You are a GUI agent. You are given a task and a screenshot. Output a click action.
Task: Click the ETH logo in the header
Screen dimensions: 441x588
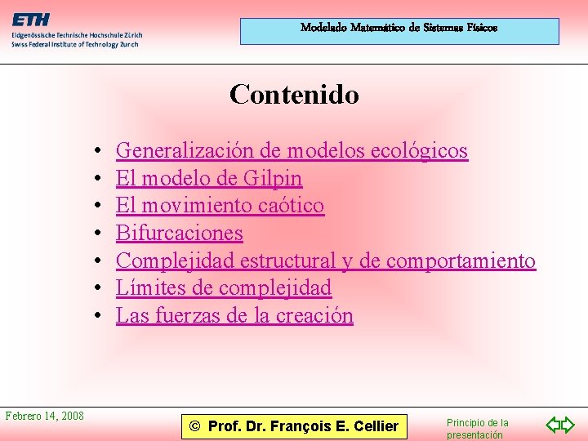click(30, 20)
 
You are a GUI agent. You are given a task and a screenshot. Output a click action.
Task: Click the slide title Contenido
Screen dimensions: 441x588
click(294, 95)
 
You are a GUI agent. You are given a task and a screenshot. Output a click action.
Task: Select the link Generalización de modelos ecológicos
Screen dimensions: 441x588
click(292, 150)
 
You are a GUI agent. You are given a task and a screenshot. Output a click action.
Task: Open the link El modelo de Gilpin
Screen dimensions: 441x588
click(209, 178)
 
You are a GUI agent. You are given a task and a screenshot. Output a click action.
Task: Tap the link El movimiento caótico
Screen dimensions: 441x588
click(220, 206)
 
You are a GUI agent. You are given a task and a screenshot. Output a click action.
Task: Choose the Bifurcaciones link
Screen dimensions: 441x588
click(180, 234)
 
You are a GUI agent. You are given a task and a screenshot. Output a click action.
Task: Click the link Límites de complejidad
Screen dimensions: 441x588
click(224, 288)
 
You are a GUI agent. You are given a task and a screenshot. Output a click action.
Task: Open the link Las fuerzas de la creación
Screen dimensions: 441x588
click(234, 315)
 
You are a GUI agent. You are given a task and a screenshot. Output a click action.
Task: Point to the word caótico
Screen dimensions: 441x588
click(291, 206)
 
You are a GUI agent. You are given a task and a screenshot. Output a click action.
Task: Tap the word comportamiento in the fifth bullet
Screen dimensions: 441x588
click(461, 261)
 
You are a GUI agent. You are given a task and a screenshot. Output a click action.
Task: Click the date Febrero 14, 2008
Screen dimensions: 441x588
click(45, 416)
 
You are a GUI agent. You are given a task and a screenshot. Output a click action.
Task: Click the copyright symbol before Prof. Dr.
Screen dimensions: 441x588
click(194, 425)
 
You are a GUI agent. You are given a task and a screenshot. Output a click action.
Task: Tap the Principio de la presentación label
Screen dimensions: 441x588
click(477, 429)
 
